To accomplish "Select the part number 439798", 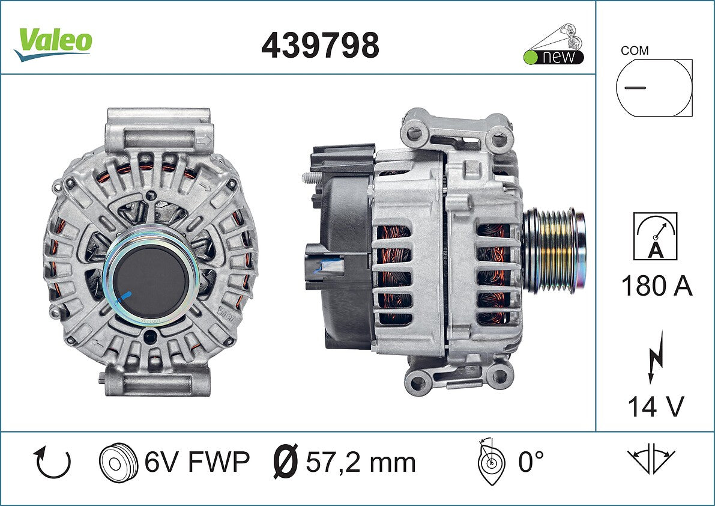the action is [320, 45].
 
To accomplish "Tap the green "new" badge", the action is [554, 57].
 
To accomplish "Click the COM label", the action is [635, 50].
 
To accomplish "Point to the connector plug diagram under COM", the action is [654, 88].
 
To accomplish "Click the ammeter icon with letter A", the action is [655, 236].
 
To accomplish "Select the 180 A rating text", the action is [657, 287].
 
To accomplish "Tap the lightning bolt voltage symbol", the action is [656, 357].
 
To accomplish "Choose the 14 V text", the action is [656, 406].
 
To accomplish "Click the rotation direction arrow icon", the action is [52, 463].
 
